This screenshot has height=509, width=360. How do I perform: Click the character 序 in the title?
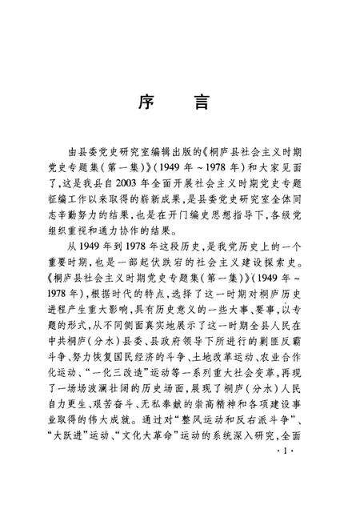pyautogui.click(x=148, y=103)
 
